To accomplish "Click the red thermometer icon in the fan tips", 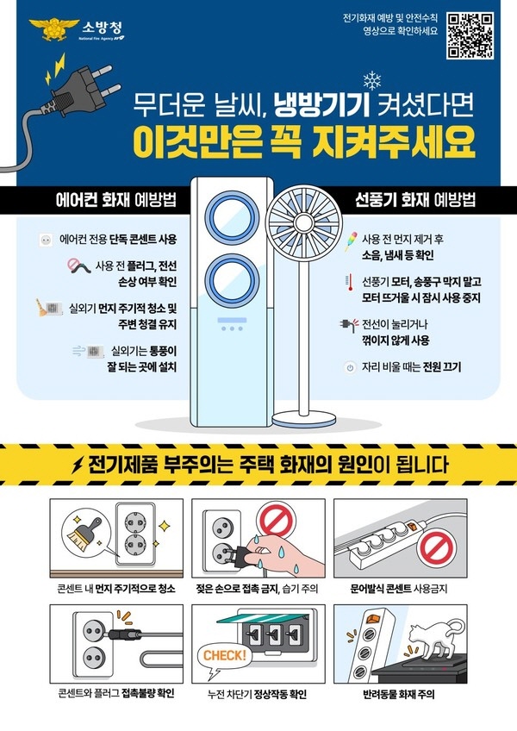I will click(x=347, y=282).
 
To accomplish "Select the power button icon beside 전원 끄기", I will click(x=350, y=367).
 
